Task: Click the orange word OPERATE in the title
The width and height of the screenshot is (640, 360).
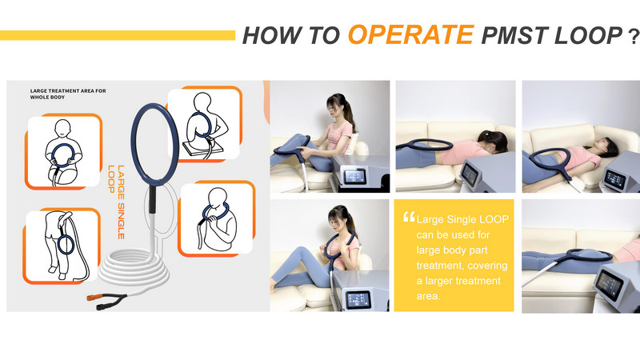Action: [x=410, y=34]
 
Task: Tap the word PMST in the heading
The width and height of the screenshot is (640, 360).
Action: [x=514, y=35]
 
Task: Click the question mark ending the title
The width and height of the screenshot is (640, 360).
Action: [x=634, y=37]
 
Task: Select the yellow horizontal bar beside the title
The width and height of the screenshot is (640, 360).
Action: [x=118, y=35]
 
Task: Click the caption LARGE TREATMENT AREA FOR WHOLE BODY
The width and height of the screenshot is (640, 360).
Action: [x=68, y=94]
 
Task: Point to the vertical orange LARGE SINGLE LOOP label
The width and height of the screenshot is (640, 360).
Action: [x=116, y=202]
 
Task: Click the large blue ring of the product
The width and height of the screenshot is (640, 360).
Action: [x=154, y=144]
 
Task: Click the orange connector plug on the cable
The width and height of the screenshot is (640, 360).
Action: [x=93, y=297]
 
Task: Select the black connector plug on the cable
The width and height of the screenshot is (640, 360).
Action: [x=102, y=306]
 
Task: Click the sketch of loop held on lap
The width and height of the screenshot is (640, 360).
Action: [x=63, y=152]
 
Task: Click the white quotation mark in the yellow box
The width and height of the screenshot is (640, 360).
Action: [x=409, y=217]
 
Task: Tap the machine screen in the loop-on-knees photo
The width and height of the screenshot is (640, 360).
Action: [x=354, y=177]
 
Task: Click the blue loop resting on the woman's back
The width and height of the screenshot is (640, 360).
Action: [x=425, y=144]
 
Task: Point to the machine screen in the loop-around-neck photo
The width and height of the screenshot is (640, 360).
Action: [x=358, y=300]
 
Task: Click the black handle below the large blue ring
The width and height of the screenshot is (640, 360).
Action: [x=152, y=199]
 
